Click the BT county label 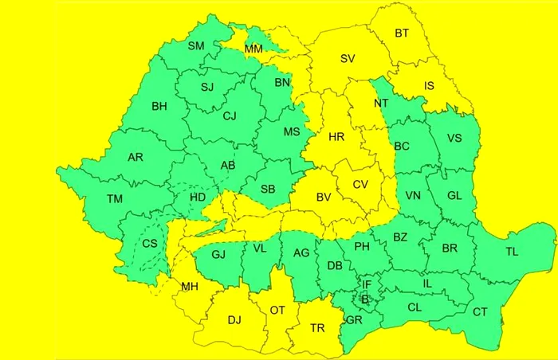(402, 33)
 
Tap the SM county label (196, 45)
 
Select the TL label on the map (512, 252)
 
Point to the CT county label (480, 312)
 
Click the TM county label (115, 199)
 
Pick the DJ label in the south (234, 320)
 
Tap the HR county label (336, 137)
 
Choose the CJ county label (230, 116)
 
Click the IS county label (430, 86)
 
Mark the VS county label (454, 138)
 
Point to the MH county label (190, 287)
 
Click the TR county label (317, 327)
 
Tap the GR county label (354, 320)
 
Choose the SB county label (268, 190)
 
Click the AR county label (136, 157)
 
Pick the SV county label (348, 58)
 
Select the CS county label (150, 244)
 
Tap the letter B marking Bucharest (365, 299)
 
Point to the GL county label (454, 196)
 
